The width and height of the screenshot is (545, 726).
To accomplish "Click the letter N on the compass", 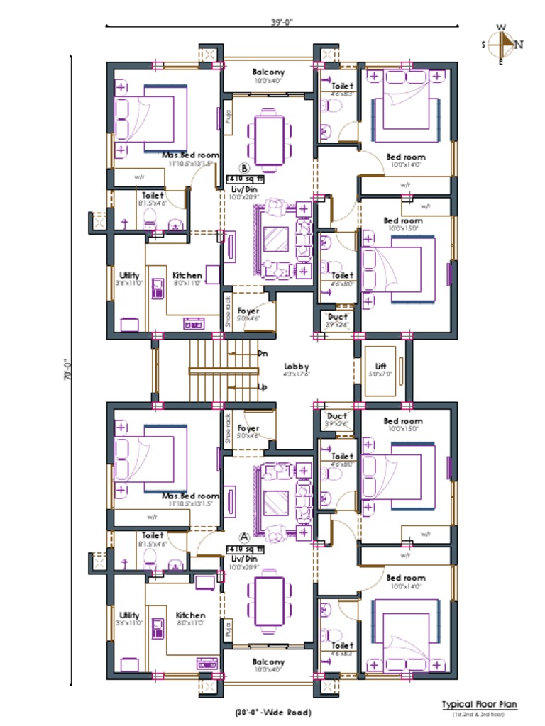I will tap(519, 44).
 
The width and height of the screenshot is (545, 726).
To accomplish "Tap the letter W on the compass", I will tap(501, 28).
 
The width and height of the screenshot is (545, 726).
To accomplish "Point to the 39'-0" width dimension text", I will tap(282, 22).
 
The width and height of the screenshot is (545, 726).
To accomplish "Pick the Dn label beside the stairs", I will tap(263, 352).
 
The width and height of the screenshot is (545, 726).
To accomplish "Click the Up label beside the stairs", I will tap(263, 387).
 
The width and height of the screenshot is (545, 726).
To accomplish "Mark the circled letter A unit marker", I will tap(245, 537).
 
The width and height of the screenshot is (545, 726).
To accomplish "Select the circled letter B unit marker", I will tap(245, 169).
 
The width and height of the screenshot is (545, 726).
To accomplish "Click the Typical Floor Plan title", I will tap(479, 705).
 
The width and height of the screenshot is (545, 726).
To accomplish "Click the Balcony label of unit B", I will tap(268, 72).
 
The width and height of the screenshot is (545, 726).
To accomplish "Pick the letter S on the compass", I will tap(484, 44).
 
